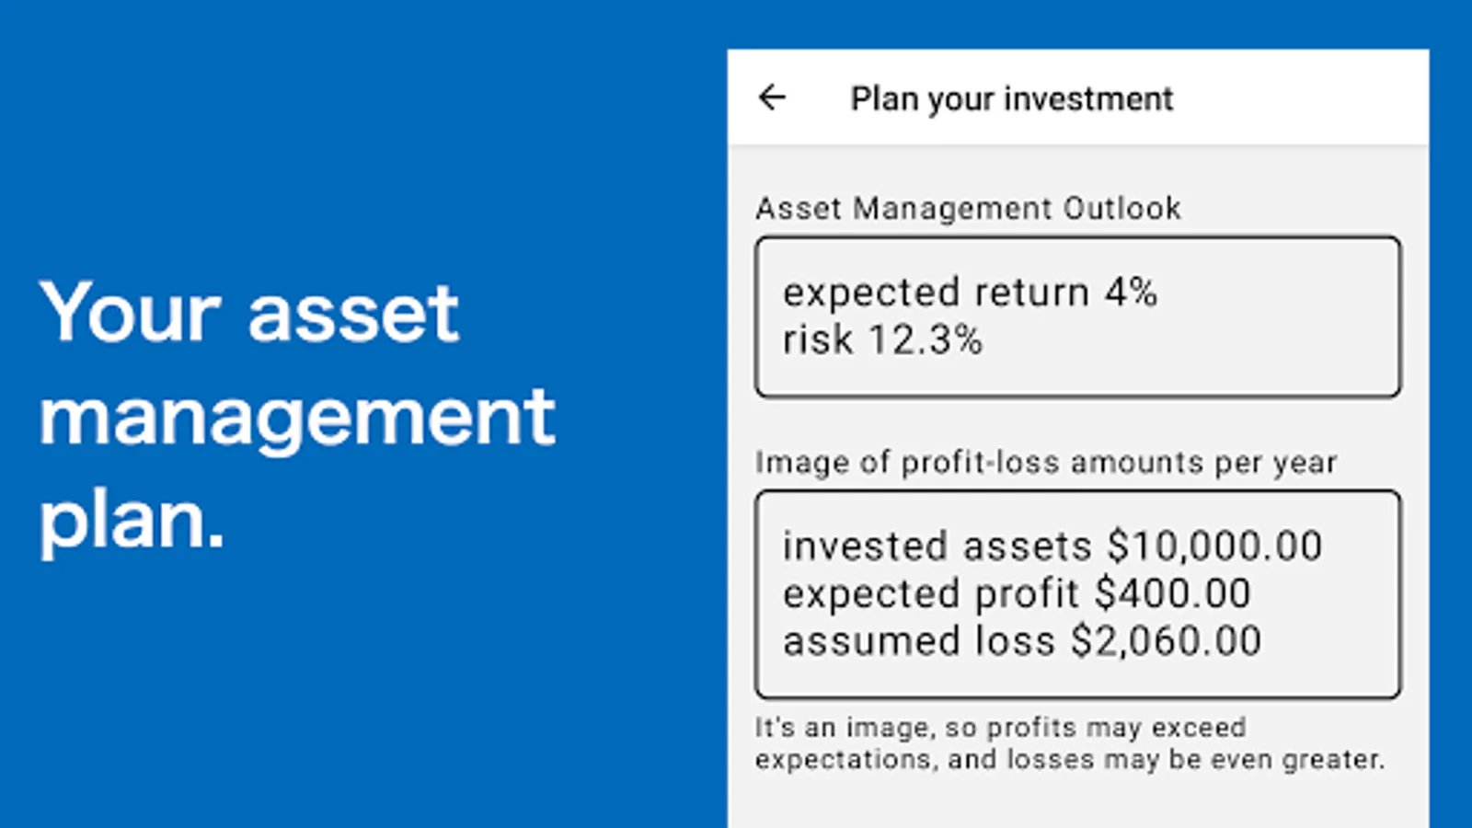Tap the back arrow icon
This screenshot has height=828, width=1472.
[772, 98]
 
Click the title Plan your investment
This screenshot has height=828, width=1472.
[1012, 99]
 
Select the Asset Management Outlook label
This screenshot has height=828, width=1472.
[968, 208]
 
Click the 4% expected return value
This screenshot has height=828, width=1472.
[1131, 292]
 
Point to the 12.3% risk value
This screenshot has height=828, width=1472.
[926, 339]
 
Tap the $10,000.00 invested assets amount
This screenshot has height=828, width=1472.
[1214, 546]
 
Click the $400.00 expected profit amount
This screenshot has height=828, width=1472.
[1173, 592]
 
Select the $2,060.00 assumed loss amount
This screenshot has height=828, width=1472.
[1167, 640]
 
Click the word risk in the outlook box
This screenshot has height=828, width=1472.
[818, 339]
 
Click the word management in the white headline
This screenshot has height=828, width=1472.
[298, 417]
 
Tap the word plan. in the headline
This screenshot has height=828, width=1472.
[132, 522]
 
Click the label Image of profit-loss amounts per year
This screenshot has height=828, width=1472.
[1046, 463]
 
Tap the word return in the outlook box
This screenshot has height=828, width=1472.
[1031, 293]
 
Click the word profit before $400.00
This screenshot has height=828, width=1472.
[1027, 594]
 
